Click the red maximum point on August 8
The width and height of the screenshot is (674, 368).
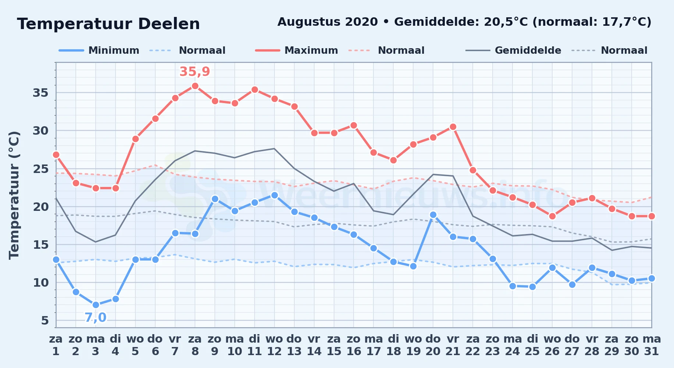pos(195,86)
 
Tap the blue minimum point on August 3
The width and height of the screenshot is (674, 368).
pos(96,305)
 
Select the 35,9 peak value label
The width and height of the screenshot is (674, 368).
pos(195,71)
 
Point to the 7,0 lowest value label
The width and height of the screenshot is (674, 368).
pos(96,317)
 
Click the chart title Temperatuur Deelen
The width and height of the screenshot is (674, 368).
pos(109,24)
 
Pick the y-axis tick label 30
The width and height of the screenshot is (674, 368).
pos(40,131)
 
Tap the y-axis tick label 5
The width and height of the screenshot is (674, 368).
pos(45,321)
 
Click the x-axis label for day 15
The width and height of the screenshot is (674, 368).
pos(334,345)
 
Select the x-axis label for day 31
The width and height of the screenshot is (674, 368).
pos(652,345)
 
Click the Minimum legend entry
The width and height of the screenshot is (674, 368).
pos(99,50)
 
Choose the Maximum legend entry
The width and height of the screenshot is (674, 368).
pos(297,50)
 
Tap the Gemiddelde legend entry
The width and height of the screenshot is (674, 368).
pos(513,50)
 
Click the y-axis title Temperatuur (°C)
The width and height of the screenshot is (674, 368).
pos(14,195)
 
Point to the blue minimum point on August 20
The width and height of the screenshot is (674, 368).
pos(433,215)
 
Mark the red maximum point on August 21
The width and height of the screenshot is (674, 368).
pos(453,127)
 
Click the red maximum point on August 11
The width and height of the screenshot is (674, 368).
pos(255,89)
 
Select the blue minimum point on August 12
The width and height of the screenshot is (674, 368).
pos(274,195)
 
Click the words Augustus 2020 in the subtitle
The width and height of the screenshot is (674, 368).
pos(327,22)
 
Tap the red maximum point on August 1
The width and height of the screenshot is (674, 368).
pos(56,155)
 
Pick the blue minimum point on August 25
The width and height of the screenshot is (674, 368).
pos(532,287)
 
